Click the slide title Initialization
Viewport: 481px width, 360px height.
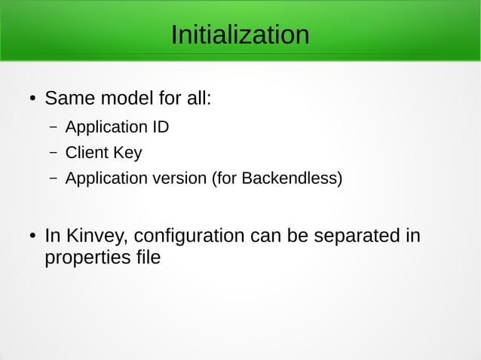pos(240,35)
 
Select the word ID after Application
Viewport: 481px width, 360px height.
pos(161,127)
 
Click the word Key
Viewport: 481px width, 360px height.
pos(127,153)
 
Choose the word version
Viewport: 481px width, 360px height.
pos(179,179)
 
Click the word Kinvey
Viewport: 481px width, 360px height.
pos(97,236)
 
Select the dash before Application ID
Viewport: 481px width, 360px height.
pos(54,127)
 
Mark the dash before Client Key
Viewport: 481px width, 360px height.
pos(54,154)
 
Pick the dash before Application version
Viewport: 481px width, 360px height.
pos(54,180)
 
